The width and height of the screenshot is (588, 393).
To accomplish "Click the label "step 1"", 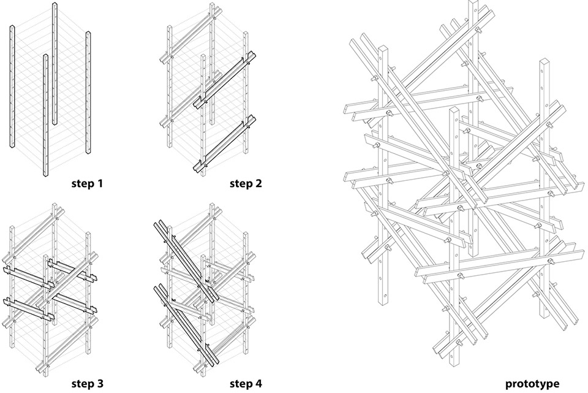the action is point(87,183).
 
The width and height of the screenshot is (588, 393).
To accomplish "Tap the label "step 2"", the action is point(246,183).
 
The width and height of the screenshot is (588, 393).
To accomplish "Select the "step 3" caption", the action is point(87,384).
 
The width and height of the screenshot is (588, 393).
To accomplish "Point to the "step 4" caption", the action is point(246,384).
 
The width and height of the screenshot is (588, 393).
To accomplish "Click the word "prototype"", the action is point(532,384).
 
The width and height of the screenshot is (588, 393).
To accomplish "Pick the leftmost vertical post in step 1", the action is point(12,86).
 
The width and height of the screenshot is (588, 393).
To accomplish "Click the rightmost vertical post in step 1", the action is point(88,93).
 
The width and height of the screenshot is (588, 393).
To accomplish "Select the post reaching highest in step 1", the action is point(55,63).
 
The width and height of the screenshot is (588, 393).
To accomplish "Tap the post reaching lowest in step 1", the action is point(45,115).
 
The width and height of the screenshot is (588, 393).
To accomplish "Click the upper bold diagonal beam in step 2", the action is point(225,80).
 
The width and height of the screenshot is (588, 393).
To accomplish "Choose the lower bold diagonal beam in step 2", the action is point(225,143).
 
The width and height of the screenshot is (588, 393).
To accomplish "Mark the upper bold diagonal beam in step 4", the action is point(186,261).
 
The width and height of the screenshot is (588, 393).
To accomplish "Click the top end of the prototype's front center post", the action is point(454,109).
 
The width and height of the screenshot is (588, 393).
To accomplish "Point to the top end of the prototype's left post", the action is point(383,48).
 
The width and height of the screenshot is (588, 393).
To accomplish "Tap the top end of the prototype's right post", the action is point(544,60).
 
